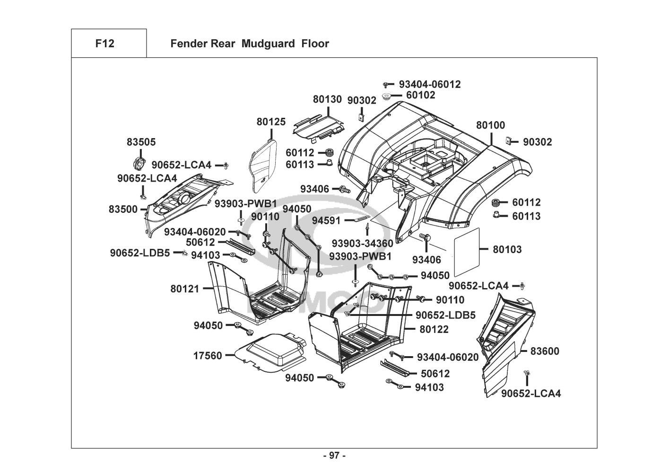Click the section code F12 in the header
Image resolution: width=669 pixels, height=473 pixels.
(104, 44)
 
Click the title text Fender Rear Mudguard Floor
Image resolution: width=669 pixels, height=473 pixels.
(249, 44)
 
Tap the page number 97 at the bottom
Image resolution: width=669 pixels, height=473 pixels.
(334, 456)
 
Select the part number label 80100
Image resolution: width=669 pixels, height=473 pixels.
(490, 125)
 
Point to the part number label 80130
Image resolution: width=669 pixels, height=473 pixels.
(327, 99)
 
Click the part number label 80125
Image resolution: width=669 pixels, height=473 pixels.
(271, 122)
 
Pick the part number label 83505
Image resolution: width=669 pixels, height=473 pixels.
(141, 142)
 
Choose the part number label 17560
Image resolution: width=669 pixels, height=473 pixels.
(207, 355)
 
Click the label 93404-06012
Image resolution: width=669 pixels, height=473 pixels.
(430, 84)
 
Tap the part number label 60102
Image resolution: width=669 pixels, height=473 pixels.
(421, 95)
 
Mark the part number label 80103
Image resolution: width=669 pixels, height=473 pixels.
(507, 249)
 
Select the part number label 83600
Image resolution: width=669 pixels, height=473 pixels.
(545, 351)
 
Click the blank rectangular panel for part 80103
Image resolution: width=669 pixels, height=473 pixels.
(467, 252)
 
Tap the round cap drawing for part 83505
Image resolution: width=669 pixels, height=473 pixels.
(138, 162)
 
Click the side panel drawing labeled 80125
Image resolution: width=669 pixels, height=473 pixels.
(261, 166)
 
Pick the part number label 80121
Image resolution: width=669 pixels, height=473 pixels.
(185, 288)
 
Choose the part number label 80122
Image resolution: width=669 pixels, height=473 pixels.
(434, 329)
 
